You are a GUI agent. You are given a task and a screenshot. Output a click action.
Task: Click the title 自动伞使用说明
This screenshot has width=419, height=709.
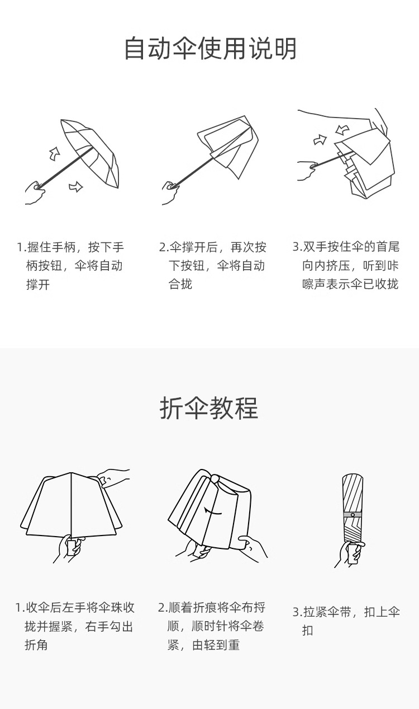point(209,49)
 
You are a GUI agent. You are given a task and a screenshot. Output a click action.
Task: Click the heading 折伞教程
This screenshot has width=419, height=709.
point(209,409)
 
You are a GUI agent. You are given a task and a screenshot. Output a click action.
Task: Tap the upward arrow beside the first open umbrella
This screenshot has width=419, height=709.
point(54,152)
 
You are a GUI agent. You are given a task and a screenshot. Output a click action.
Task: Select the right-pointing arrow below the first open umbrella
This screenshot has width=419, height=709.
point(75,186)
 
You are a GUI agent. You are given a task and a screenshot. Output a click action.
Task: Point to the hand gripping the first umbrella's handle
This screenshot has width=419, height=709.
point(35,191)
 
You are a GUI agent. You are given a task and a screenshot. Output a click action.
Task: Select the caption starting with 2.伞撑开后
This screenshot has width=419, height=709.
point(212,265)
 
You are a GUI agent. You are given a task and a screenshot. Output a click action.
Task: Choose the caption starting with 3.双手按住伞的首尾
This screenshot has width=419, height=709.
point(346,265)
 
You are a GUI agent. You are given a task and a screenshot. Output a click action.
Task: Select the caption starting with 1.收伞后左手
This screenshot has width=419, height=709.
point(75,626)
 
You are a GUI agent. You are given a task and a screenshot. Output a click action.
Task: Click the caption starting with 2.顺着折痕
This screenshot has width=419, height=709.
point(212,626)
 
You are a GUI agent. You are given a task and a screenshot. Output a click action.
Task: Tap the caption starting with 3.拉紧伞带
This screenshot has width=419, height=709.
point(346,621)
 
